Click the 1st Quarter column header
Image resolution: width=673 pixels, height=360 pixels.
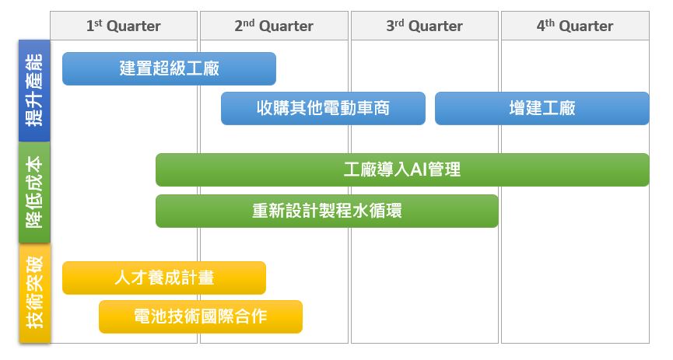click(124, 26)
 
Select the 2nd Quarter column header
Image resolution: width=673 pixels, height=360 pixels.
click(274, 26)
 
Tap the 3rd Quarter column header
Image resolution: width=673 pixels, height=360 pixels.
click(425, 26)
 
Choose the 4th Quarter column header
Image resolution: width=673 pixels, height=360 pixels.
click(575, 26)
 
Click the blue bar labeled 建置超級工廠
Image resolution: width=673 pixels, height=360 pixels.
click(169, 68)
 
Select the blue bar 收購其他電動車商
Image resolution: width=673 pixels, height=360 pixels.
click(323, 108)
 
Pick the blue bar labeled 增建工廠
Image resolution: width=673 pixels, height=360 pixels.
click(542, 108)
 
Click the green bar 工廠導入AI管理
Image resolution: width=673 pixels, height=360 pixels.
click(402, 170)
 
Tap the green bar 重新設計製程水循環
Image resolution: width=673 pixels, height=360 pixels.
click(327, 211)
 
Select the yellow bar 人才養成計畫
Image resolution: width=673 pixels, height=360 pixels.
click(164, 278)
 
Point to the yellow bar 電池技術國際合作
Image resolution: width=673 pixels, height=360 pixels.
click(201, 316)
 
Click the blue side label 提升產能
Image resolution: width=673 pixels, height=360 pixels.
click(34, 90)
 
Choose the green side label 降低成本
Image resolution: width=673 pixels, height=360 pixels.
click(34, 192)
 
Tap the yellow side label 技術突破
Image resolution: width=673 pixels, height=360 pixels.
click(34, 293)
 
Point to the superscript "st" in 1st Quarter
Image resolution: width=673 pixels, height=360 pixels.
click(98, 23)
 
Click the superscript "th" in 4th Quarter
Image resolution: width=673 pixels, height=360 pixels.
click(550, 23)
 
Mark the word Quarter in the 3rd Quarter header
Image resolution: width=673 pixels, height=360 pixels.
click(436, 26)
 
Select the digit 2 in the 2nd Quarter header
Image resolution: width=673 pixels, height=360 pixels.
click(239, 26)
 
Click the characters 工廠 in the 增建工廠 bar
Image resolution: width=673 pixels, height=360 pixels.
click(559, 108)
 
